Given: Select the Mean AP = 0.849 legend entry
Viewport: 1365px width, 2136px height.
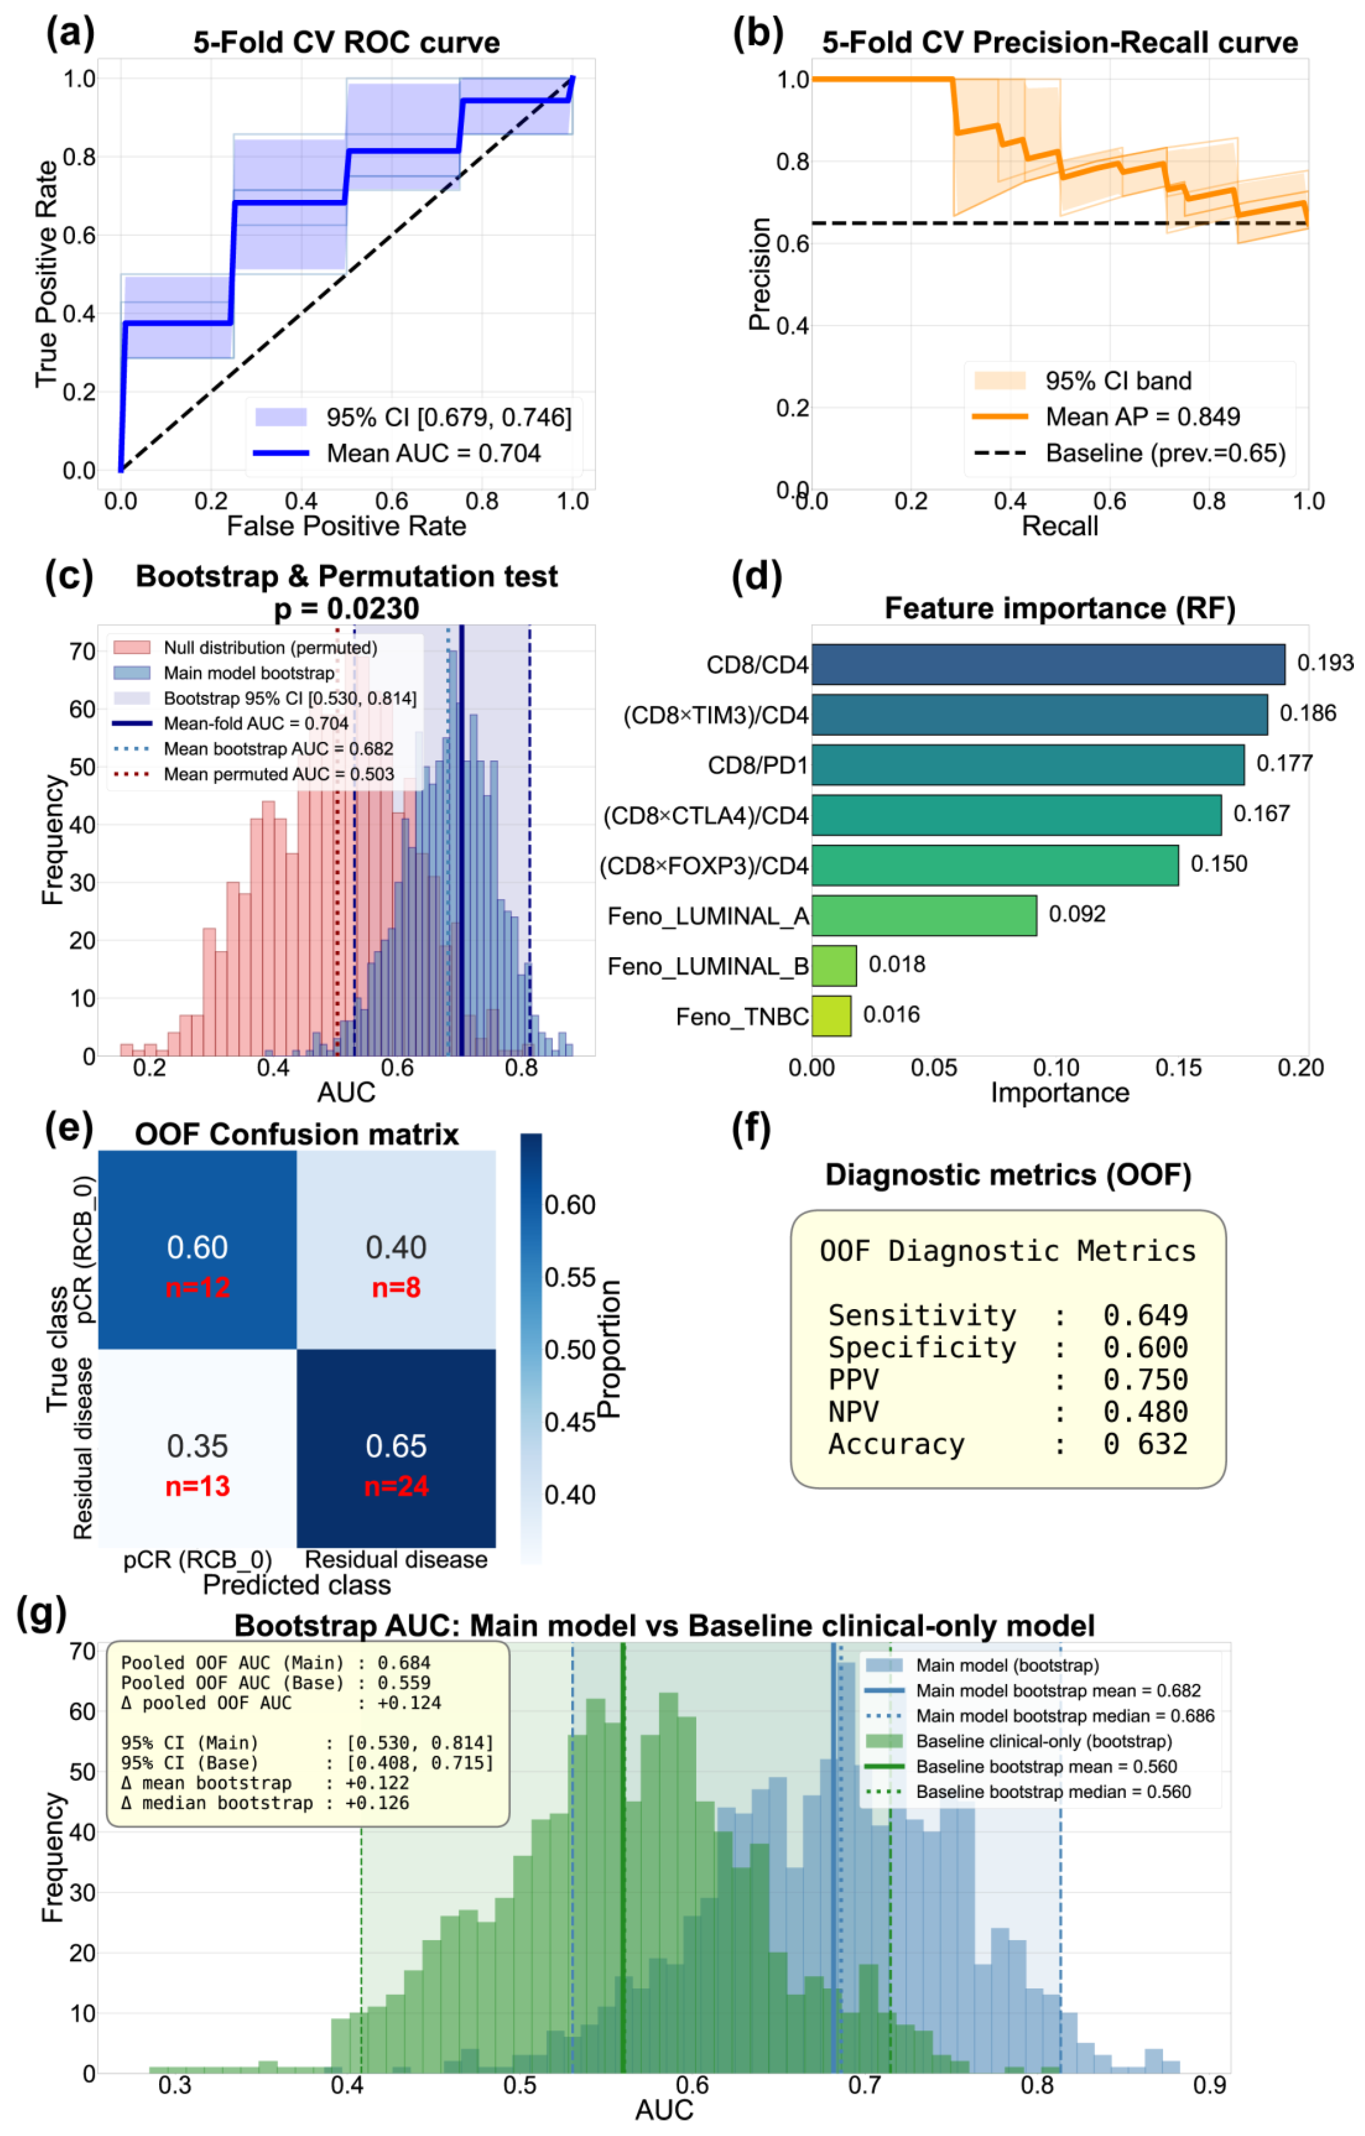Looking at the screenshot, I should pos(1142,417).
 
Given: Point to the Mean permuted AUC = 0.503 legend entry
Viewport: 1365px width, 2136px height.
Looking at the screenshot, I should pos(277,775).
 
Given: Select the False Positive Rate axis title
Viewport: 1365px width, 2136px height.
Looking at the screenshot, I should pos(346,527).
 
